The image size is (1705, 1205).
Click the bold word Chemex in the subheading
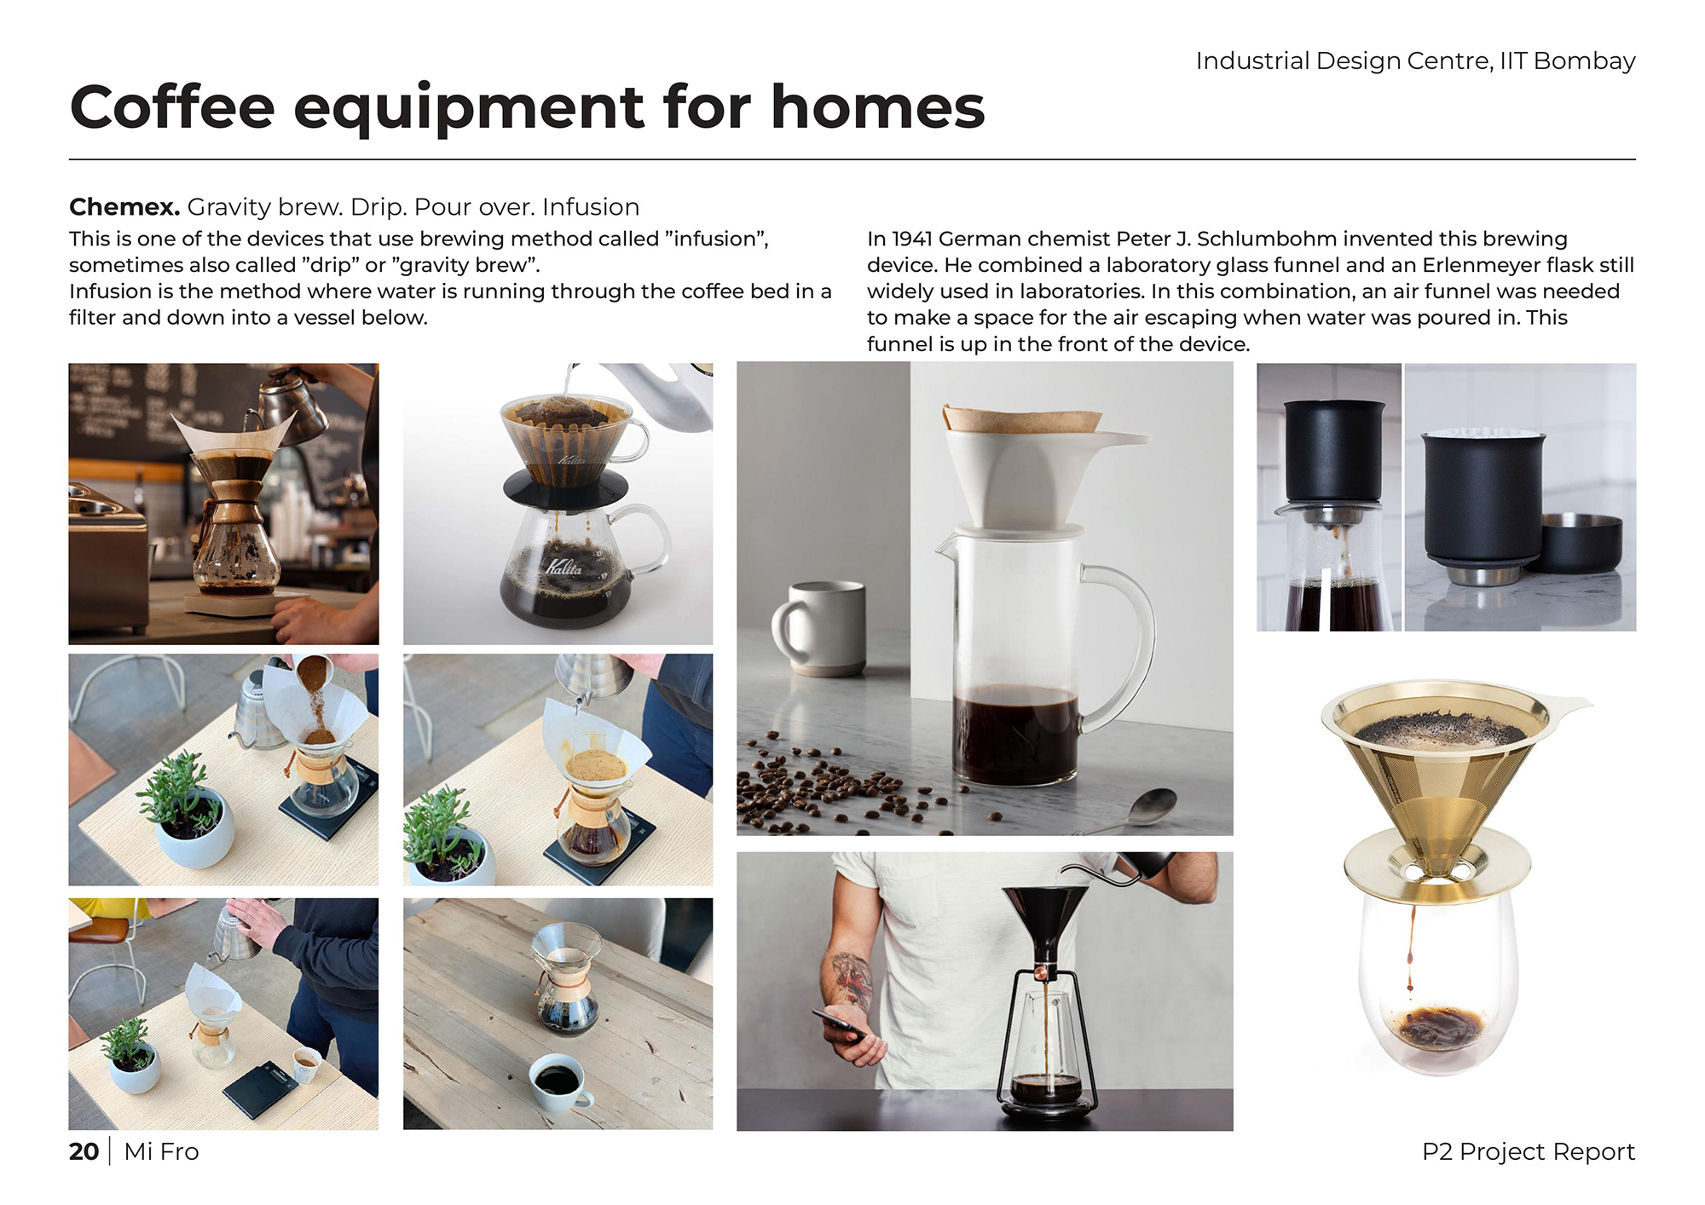coord(124,207)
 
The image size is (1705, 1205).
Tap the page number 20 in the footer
coord(84,1151)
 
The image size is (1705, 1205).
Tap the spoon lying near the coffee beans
coord(1134,810)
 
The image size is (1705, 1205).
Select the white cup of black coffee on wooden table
coord(560,1082)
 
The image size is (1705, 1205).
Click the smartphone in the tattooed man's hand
coord(840,1023)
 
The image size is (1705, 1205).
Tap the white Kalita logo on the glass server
coord(564,567)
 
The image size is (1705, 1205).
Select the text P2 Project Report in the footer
coord(1529,1151)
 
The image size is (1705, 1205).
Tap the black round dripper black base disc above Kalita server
coord(565,490)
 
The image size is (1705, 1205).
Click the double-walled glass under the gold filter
coord(1437,980)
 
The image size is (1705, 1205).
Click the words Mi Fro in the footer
coord(161,1151)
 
